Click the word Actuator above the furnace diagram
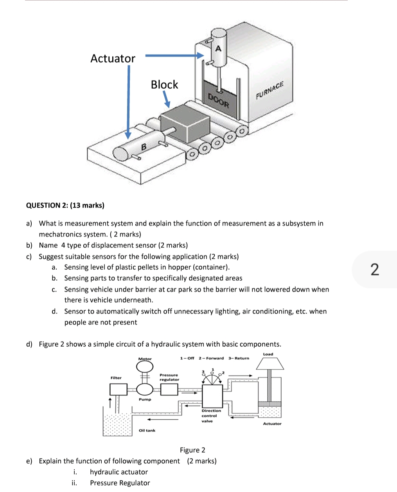coord(113,59)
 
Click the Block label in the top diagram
coord(164,84)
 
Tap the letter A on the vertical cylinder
coord(218,48)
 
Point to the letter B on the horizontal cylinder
coord(143,147)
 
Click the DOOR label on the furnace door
coord(218,100)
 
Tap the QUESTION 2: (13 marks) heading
coord(65,206)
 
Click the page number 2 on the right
coord(374,270)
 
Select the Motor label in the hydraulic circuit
coord(145,359)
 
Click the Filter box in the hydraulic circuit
coord(118,389)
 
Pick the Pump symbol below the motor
coord(145,389)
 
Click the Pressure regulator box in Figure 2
coord(169,389)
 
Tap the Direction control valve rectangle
coord(212,396)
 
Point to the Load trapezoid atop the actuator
coord(269,364)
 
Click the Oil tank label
coord(147,431)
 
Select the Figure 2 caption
coord(192,450)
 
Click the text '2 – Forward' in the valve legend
coord(211,358)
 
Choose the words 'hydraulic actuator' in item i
coord(119,472)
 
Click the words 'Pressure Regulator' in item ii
coord(120,483)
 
